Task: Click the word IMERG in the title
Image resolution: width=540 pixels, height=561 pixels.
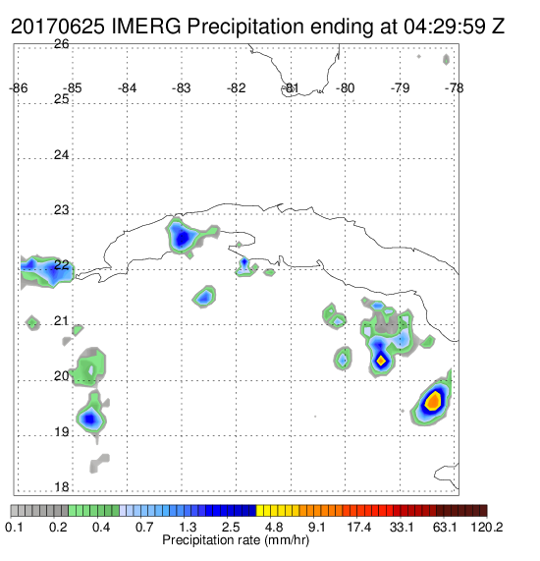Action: [x=146, y=27]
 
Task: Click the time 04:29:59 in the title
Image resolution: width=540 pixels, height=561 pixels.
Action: [x=445, y=27]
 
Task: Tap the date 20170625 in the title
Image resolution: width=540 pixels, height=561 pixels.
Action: [x=58, y=27]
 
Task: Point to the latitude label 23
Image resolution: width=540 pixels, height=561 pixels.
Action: [x=61, y=210]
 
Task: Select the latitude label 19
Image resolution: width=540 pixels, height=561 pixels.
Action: [x=62, y=432]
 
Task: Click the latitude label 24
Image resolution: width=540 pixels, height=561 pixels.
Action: [x=61, y=155]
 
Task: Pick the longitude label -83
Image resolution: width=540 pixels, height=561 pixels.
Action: [x=182, y=88]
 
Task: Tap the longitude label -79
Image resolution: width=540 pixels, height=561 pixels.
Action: [x=400, y=88]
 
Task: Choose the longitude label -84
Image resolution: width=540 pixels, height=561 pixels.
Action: [x=127, y=88]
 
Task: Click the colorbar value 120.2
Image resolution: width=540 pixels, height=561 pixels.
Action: [x=487, y=527]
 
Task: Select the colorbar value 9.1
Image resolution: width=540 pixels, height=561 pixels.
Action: [x=316, y=527]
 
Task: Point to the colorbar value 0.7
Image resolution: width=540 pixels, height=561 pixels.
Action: [x=144, y=527]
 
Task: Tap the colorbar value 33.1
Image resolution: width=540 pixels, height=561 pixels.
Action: [x=402, y=527]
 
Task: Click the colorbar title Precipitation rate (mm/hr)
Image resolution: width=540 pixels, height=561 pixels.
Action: [x=236, y=540]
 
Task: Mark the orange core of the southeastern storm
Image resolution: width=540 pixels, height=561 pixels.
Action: [x=433, y=401]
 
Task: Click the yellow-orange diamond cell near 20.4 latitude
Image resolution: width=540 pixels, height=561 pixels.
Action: [x=381, y=361]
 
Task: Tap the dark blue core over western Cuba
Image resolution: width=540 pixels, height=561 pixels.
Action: [x=183, y=238]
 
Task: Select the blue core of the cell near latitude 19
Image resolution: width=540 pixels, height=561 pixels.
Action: [x=89, y=418]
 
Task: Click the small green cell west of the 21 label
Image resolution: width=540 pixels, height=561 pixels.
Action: [x=32, y=323]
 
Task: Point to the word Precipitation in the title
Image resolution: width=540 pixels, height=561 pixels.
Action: [x=245, y=27]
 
